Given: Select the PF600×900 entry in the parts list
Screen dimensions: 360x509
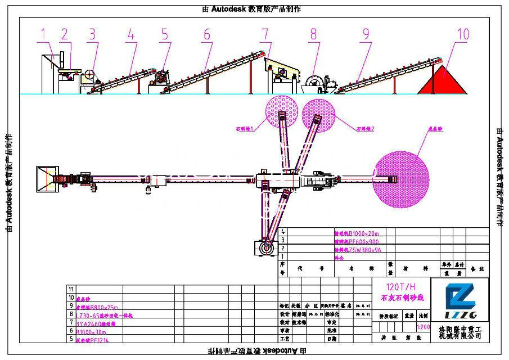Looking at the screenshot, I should [357, 240].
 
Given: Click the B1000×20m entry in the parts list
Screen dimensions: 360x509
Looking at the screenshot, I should [357, 232].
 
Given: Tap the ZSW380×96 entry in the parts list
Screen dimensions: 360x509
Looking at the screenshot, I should [357, 248].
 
